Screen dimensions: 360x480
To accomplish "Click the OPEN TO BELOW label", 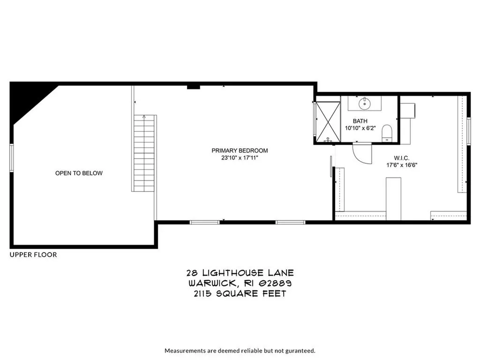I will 79,173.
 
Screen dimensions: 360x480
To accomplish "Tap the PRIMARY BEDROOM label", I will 240,150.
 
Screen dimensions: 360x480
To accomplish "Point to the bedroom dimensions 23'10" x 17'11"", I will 240,158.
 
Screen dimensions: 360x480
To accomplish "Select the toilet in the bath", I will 387,132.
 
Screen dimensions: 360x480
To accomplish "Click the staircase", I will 144,153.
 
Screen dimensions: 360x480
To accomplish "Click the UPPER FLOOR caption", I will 33,255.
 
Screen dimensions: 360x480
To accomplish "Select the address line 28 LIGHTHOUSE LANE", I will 240,273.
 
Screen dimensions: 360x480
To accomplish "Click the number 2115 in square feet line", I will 204,294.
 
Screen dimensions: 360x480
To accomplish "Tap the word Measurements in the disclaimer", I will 184,350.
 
